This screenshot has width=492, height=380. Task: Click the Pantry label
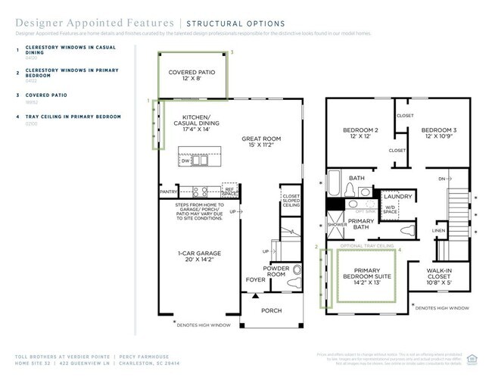tap(168, 192)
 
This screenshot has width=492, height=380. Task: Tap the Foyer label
tap(254, 279)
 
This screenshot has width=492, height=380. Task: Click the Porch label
tap(271, 310)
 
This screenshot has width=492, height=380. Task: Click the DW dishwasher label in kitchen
tap(185, 161)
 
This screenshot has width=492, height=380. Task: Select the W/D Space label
tap(390, 209)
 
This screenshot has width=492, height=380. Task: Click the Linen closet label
tap(439, 231)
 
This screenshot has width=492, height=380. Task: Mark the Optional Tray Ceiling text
tap(366, 246)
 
